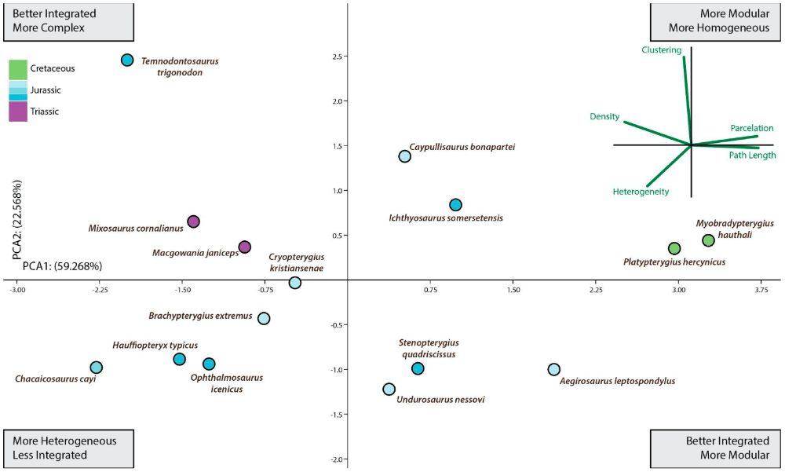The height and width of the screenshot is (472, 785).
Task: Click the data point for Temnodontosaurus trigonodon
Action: coord(127,60)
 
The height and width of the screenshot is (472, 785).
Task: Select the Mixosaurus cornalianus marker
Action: coord(193,222)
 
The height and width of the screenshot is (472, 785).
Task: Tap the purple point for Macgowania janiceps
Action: coord(244,247)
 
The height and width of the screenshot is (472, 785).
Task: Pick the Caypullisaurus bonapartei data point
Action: coord(404,156)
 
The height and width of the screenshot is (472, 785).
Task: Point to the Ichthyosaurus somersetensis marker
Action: coord(455,205)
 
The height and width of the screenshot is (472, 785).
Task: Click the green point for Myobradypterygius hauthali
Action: coord(708,240)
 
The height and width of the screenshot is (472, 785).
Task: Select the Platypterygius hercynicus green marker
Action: coord(674,248)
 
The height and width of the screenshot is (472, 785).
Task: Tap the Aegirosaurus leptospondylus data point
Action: coord(554,369)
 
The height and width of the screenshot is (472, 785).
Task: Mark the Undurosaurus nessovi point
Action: coord(389,389)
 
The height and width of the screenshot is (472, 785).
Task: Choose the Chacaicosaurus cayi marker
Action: coord(96,368)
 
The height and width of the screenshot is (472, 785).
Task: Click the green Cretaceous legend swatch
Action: coord(18,69)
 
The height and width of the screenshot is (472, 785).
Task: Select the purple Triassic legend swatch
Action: coord(18,112)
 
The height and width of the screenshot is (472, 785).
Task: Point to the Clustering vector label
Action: coord(661,49)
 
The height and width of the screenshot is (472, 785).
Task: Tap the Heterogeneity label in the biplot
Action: coord(641,192)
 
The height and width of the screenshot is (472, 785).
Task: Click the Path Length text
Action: coord(752,156)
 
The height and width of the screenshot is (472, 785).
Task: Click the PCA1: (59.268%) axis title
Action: coord(62,266)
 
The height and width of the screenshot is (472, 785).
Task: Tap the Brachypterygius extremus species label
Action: coord(200,316)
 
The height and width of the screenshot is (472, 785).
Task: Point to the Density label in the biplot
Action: coord(605,116)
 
